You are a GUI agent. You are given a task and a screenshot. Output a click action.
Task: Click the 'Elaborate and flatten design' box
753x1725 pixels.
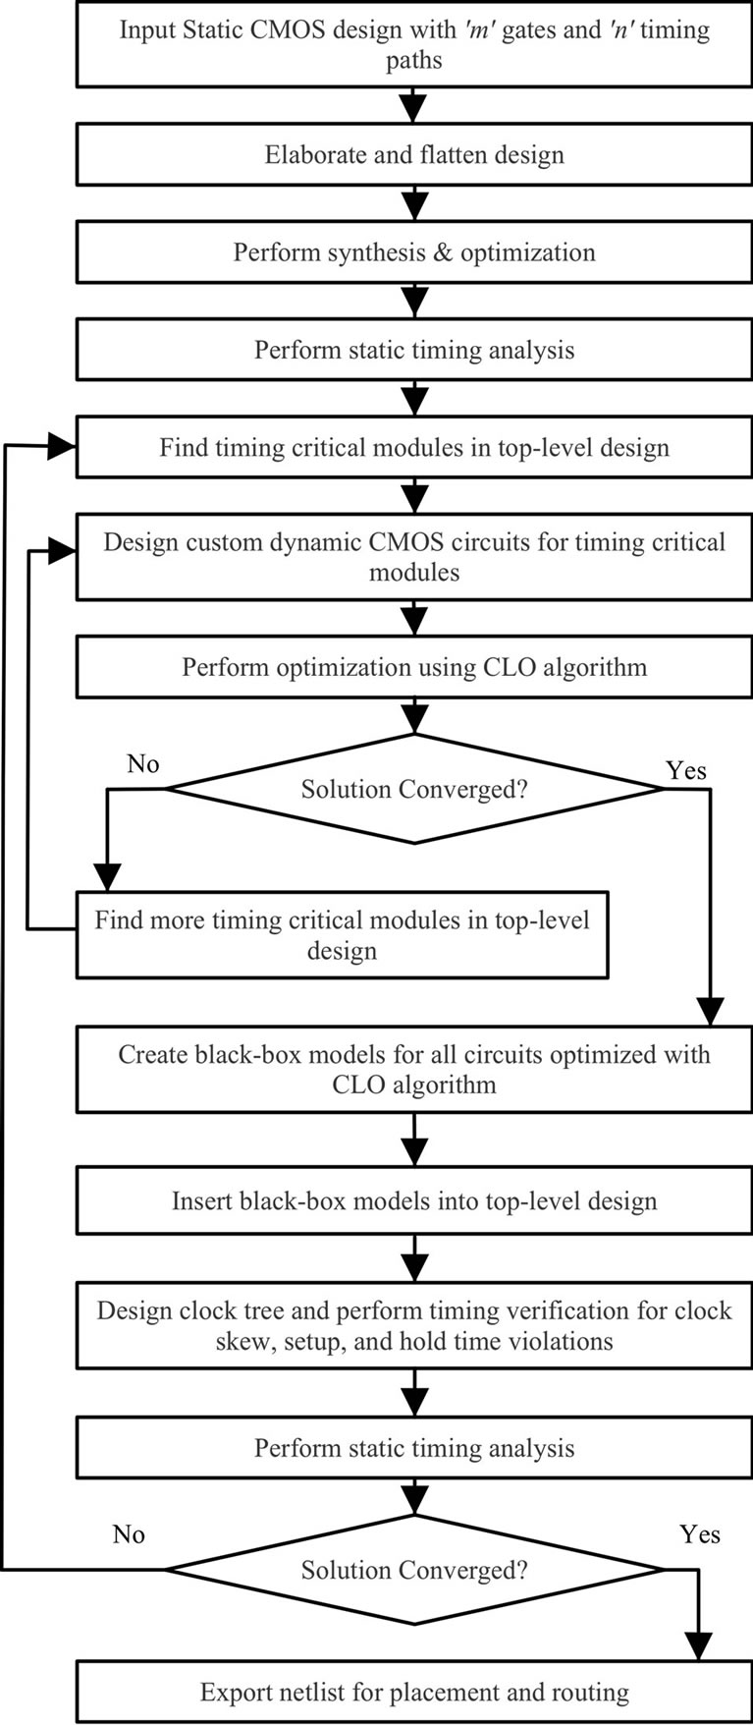pyautogui.click(x=414, y=155)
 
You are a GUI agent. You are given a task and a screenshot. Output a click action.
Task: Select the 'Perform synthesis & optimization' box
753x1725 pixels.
pyautogui.click(x=414, y=252)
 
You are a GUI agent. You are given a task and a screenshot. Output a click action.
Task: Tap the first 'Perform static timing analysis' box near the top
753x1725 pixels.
pyautogui.click(x=414, y=351)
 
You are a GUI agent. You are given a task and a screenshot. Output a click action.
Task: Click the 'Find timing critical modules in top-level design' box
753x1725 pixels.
pyautogui.click(x=414, y=448)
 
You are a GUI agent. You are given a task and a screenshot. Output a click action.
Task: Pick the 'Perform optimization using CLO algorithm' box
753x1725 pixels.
pyautogui.click(x=414, y=668)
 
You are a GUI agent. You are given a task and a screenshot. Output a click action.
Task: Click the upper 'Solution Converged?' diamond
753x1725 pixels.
pyautogui.click(x=414, y=789)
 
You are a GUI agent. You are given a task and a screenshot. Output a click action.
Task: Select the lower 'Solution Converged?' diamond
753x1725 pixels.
pyautogui.click(x=414, y=1570)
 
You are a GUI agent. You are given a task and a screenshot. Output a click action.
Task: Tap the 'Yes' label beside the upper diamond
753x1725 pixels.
pyautogui.click(x=685, y=770)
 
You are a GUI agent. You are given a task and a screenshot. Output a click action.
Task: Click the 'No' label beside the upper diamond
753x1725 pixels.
pyautogui.click(x=143, y=764)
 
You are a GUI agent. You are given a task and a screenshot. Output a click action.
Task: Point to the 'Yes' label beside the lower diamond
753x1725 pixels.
pyautogui.click(x=699, y=1534)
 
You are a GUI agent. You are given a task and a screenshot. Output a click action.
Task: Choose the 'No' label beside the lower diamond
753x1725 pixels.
pyautogui.click(x=129, y=1534)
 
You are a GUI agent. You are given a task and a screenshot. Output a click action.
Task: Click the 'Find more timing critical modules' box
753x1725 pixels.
pyautogui.click(x=342, y=934)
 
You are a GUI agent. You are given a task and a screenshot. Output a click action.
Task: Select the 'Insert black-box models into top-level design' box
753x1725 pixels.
pyautogui.click(x=414, y=1200)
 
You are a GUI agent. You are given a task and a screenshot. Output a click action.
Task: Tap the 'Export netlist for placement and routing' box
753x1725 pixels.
pyautogui.click(x=414, y=1692)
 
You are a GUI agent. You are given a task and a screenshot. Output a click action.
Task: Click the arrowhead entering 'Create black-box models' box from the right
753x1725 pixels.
pyautogui.click(x=710, y=1012)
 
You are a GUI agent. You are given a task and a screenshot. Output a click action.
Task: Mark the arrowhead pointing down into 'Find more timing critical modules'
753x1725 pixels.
pyautogui.click(x=106, y=876)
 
